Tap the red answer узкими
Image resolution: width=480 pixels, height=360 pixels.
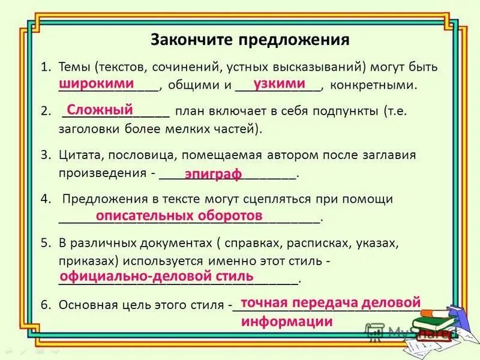pos(279,83)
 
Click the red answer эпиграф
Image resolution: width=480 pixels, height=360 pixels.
pos(213,174)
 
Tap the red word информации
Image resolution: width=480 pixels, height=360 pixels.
pos(287,321)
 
